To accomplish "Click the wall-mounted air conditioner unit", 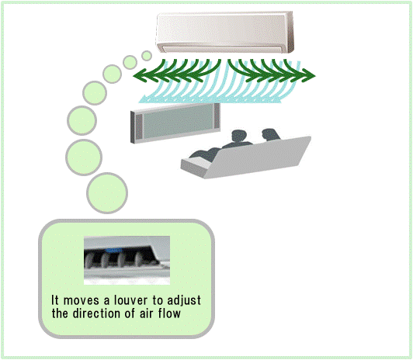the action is pos(224,32).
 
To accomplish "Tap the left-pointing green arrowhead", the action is pos(140,76).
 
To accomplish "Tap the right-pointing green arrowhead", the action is pos(309,76).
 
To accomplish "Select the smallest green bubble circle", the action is pos(147,56).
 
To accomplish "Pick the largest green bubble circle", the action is pos(107,193).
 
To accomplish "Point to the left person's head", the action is pos(238,137).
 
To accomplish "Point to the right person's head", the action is pos(269,135).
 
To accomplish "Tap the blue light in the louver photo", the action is pos(113,251).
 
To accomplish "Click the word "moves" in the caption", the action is pos(81,301).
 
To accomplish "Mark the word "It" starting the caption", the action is pos(54,300).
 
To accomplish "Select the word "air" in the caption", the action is pos(147,313).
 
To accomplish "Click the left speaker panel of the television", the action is pos(139,127).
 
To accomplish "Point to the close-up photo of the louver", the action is pos(127,260).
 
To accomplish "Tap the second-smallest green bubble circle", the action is pos(130,62).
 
